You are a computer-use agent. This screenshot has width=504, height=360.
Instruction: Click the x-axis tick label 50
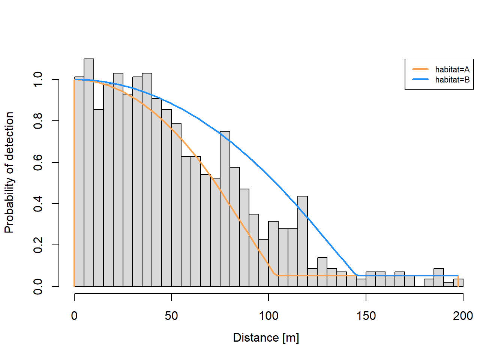click(171, 316)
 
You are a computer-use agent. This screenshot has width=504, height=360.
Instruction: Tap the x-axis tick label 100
click(268, 316)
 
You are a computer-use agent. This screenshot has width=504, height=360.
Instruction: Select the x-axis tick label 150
click(366, 316)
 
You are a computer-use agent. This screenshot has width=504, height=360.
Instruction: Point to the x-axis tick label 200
click(463, 316)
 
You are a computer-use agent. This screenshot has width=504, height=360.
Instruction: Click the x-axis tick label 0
click(74, 316)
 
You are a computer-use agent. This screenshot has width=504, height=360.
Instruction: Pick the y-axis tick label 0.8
click(38, 121)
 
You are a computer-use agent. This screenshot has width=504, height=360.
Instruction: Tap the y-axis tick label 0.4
click(38, 204)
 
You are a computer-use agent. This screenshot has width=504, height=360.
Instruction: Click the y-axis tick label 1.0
click(38, 80)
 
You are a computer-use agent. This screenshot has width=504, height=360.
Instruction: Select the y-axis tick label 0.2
click(38, 245)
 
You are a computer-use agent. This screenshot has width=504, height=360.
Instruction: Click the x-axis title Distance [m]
click(266, 337)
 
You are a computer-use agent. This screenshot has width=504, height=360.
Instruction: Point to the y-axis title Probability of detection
click(9, 172)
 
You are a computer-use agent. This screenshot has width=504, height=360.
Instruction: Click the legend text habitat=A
click(452, 69)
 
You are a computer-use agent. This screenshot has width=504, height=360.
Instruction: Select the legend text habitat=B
click(452, 79)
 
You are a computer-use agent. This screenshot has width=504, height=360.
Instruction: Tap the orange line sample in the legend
click(420, 69)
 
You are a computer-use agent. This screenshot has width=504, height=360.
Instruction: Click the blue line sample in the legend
click(420, 79)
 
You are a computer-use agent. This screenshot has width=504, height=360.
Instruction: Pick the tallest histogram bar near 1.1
click(89, 172)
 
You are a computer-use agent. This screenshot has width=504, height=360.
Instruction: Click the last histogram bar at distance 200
click(458, 283)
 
